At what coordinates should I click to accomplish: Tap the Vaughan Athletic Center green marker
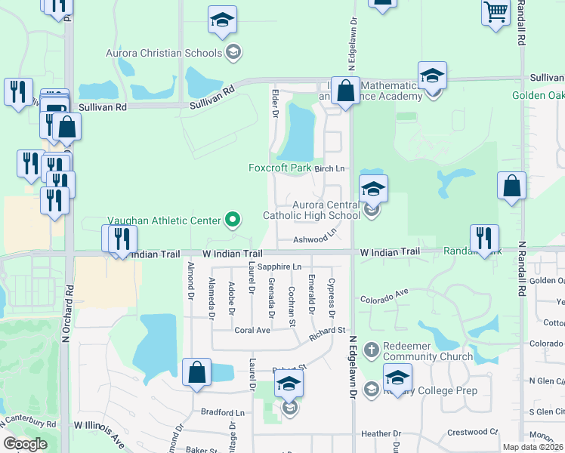pos(233,220)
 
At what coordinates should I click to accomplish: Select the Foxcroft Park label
pos(279,168)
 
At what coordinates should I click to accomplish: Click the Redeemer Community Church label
pos(428,350)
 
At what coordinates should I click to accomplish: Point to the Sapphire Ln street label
pos(279,267)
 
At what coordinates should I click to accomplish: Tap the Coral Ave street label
pos(252,330)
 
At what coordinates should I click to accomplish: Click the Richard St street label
pos(326,330)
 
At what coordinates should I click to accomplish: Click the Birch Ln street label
pos(329,168)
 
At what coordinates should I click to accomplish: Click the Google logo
pos(25,444)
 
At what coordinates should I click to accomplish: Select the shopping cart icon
pos(496,13)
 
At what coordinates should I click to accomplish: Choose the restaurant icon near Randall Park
pos(483,238)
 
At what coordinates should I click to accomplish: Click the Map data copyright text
pos(532,446)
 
